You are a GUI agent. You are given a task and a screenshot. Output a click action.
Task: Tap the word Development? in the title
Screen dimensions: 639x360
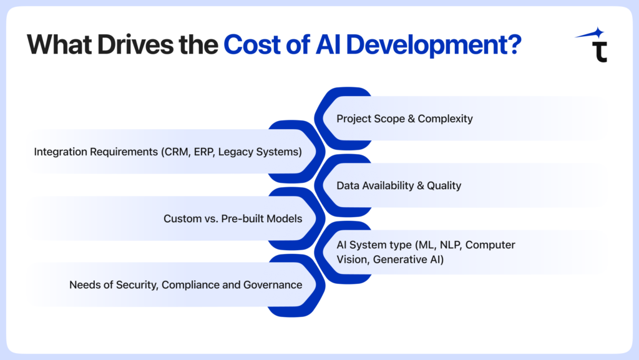[434, 45]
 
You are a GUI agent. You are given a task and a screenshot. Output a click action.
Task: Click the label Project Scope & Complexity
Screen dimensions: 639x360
[404, 119]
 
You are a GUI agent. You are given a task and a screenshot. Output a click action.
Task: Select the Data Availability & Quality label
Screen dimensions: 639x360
[399, 186]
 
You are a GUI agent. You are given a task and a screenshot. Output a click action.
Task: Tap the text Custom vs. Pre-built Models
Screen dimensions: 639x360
[233, 219]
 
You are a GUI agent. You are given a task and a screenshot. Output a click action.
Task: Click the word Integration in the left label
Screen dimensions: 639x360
[61, 152]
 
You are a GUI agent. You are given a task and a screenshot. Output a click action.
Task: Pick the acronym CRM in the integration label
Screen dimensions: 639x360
[177, 152]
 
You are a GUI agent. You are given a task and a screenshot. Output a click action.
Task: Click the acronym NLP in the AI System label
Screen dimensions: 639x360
[451, 245]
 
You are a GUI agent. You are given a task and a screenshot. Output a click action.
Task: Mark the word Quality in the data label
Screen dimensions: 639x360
[444, 186]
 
